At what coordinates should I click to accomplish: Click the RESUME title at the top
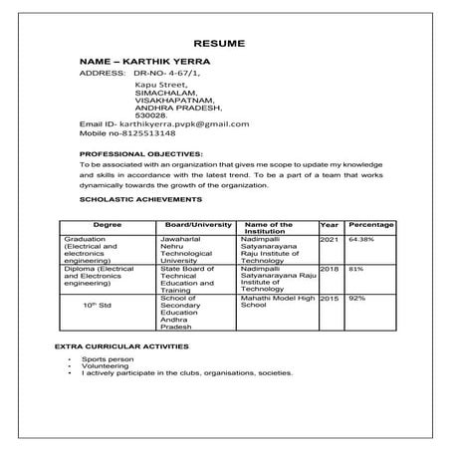225,46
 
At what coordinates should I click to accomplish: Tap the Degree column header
107,226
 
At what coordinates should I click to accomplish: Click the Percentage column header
370,226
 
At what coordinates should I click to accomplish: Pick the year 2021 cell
330,240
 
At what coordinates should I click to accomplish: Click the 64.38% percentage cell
361,240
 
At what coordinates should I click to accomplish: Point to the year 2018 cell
330,269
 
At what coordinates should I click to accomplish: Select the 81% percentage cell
355,269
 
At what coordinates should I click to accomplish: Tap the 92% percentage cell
356,298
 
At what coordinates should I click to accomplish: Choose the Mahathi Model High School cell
278,302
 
